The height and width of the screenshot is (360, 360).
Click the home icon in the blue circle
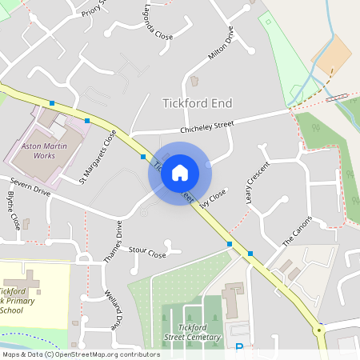point(180,173)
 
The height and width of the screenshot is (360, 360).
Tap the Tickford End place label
point(198,102)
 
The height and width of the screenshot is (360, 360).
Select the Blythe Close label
point(13,210)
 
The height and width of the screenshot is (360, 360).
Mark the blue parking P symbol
point(238,347)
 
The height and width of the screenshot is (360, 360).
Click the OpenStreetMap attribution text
point(80,354)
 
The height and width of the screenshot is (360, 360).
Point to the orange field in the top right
point(337,52)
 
